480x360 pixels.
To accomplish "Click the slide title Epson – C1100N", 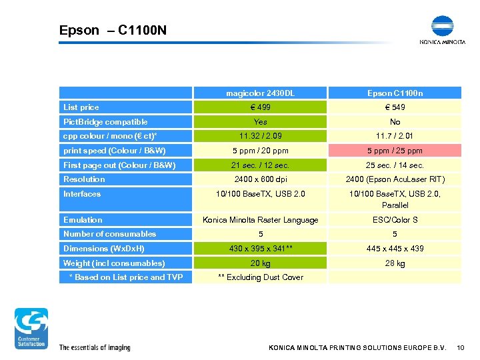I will coord(113,30).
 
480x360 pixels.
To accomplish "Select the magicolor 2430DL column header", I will coord(261,93).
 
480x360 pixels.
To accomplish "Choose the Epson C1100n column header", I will coord(395,93).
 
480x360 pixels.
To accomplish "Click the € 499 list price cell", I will coord(261,107).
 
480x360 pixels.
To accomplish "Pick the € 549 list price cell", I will coord(395,107).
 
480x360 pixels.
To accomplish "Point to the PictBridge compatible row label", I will coord(105,122).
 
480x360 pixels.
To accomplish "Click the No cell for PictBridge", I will coord(395,122).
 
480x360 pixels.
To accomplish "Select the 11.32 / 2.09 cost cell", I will coord(261,136).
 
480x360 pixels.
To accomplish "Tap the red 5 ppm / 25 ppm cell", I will coord(395,151).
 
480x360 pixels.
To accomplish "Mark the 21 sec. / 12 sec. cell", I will coord(261,165).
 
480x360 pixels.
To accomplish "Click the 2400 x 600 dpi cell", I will coord(261,179).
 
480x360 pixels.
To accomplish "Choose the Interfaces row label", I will coord(82,194).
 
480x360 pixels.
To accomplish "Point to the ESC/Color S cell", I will coord(395,220).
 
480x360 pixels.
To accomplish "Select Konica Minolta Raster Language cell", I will coord(261,220).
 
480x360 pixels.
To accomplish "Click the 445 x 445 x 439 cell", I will coord(395,249).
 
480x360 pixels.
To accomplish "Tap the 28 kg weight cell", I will coord(395,263).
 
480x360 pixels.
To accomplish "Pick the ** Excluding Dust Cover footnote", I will coord(261,277).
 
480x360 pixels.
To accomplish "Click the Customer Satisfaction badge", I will coord(31,328).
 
